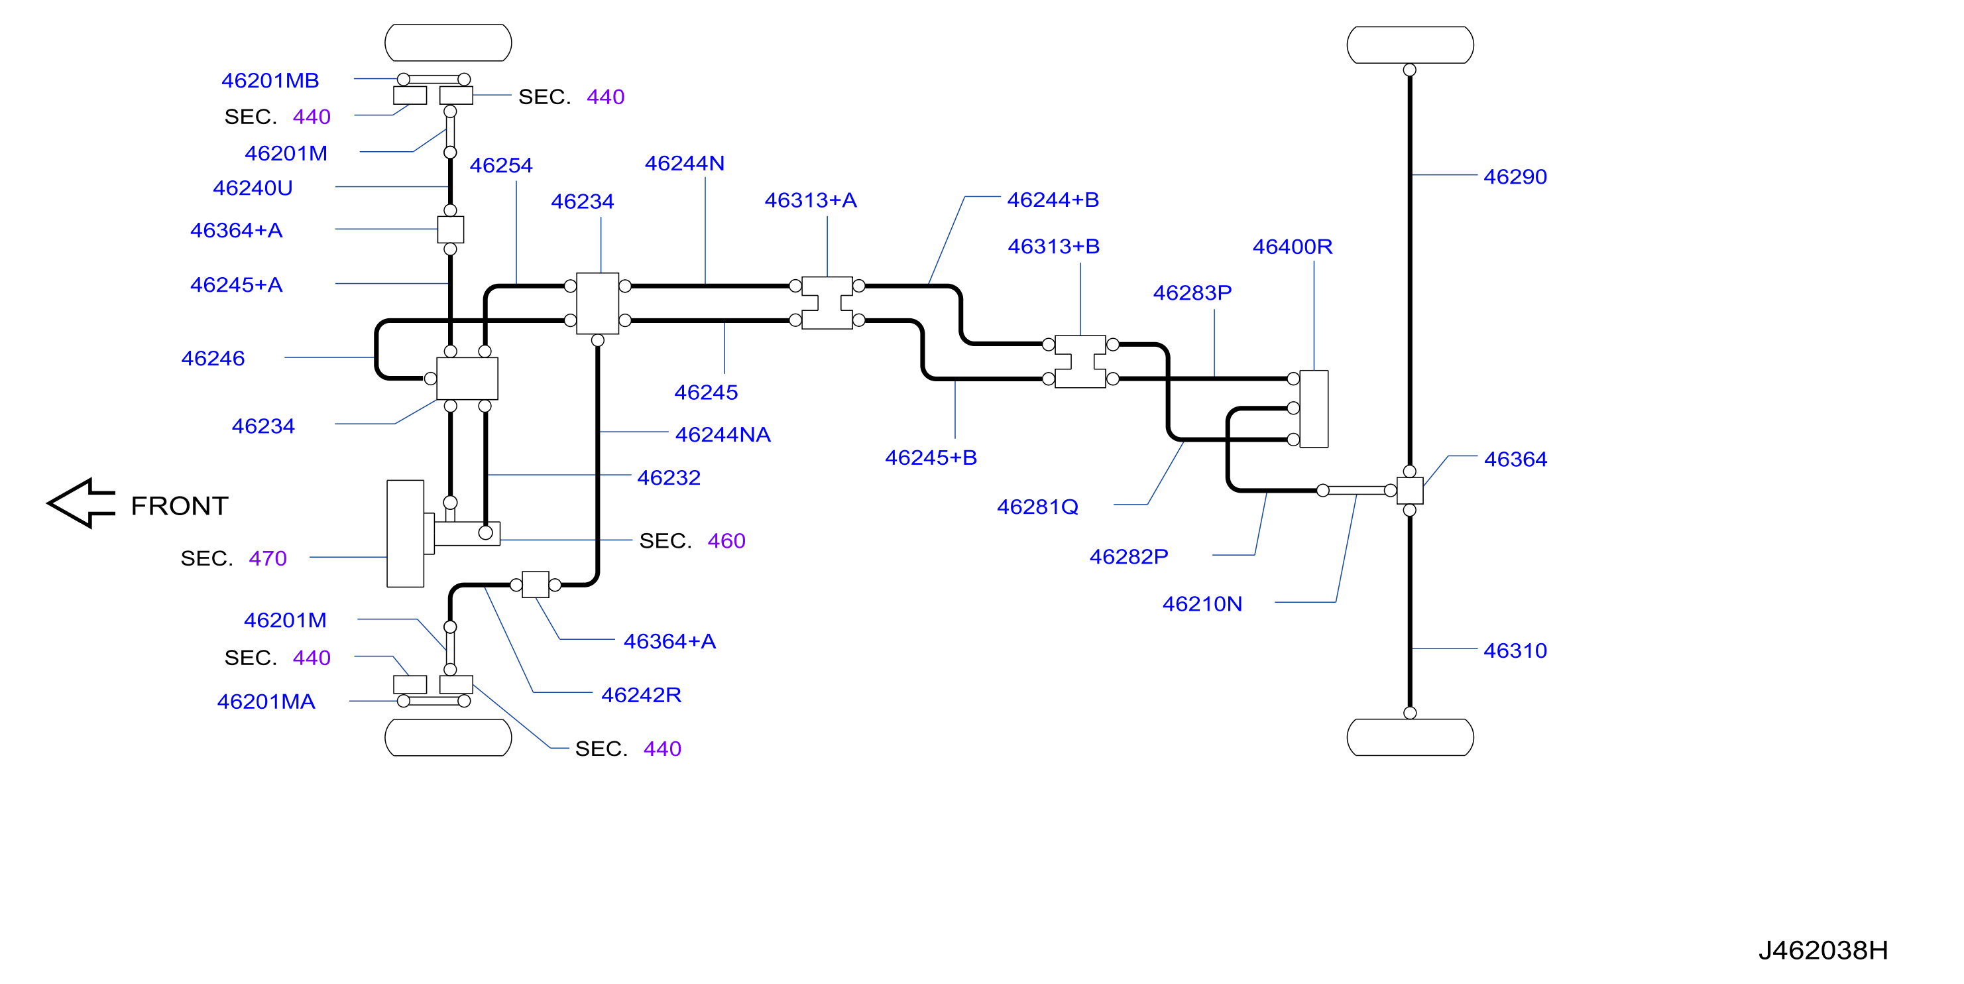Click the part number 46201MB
click(270, 80)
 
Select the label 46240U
click(253, 188)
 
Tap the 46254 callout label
click(501, 166)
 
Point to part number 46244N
click(685, 163)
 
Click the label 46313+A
click(811, 200)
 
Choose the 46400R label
click(1293, 247)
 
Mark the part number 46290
click(1515, 177)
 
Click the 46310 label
click(1515, 650)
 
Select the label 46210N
click(1202, 604)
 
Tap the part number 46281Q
click(1037, 507)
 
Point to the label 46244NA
click(722, 435)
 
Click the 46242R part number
click(641, 695)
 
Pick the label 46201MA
click(266, 702)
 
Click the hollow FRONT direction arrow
click(82, 503)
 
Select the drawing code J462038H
click(1823, 950)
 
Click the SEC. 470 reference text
click(233, 558)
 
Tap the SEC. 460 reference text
click(692, 541)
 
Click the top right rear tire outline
click(1410, 45)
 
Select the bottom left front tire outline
click(448, 737)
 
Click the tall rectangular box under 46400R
click(1314, 409)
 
